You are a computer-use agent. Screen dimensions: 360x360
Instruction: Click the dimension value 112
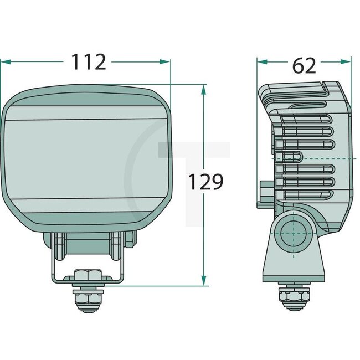tap(88, 62)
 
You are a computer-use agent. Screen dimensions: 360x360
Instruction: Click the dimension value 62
tap(304, 65)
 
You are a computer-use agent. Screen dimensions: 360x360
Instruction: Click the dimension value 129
tap(205, 181)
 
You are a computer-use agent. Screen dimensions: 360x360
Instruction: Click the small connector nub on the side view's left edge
tap(260, 194)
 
